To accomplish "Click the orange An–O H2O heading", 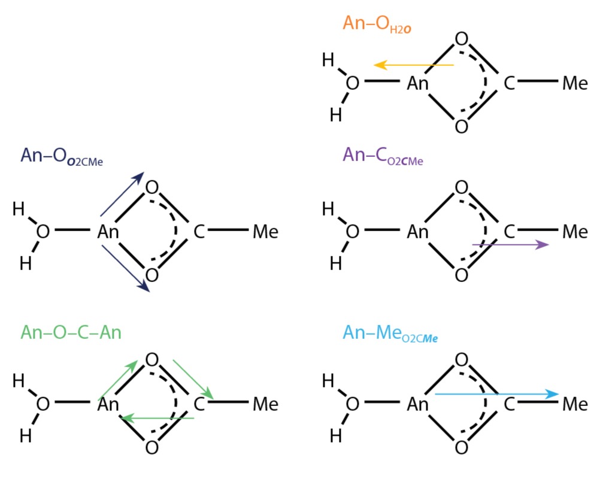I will [x=376, y=24].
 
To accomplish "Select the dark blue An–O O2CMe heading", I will [x=62, y=156].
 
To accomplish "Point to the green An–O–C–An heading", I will [x=71, y=332].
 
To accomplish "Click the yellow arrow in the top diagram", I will [x=414, y=65].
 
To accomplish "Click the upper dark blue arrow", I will [x=122, y=193].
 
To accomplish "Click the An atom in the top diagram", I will [x=418, y=83].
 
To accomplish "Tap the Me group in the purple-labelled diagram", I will [x=575, y=232].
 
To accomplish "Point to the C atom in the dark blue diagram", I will [x=199, y=231].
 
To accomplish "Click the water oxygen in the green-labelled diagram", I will [x=43, y=404].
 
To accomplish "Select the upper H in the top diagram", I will [x=328, y=60].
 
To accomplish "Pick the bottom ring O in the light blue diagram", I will [x=461, y=447].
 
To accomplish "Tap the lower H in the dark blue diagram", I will [x=25, y=263].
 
